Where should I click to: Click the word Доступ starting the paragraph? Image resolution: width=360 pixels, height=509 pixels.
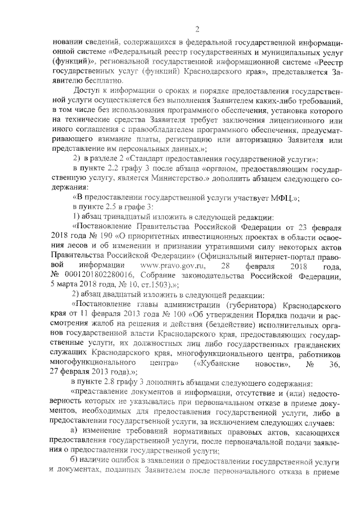pos(88,92)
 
